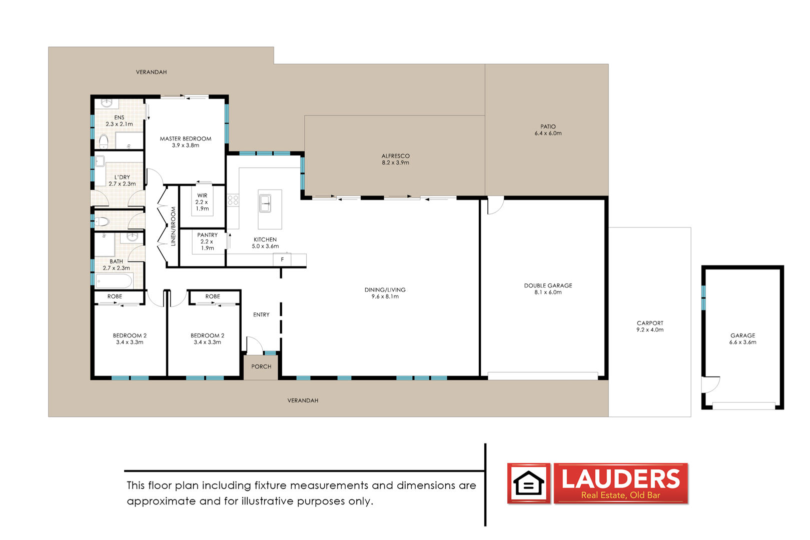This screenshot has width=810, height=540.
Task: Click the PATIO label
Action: (x=548, y=126)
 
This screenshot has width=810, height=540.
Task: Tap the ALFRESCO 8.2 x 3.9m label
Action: (x=396, y=159)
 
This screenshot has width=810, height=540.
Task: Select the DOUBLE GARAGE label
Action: (x=548, y=285)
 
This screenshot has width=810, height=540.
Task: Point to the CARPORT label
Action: (x=650, y=323)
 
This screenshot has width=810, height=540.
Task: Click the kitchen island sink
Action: (x=266, y=203)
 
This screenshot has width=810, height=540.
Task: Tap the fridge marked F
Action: (x=282, y=259)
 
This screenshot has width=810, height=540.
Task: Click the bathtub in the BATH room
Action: (x=114, y=281)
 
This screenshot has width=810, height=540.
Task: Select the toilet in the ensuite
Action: (x=104, y=141)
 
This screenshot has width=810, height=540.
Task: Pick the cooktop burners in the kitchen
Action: (x=233, y=200)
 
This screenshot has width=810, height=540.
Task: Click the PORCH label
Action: (x=261, y=366)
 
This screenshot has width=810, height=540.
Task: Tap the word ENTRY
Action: (x=261, y=315)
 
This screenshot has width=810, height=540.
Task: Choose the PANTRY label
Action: (x=207, y=235)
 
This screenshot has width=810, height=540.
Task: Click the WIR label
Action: (x=202, y=195)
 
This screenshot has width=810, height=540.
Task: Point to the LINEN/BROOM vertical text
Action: (x=173, y=226)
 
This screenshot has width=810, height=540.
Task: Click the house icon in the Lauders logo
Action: (x=529, y=483)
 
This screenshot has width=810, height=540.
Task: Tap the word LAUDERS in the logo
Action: (x=620, y=478)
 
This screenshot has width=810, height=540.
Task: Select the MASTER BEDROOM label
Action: (x=186, y=139)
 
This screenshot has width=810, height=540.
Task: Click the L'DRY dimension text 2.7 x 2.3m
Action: (x=122, y=184)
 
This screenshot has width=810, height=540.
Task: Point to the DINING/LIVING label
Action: (x=385, y=290)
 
